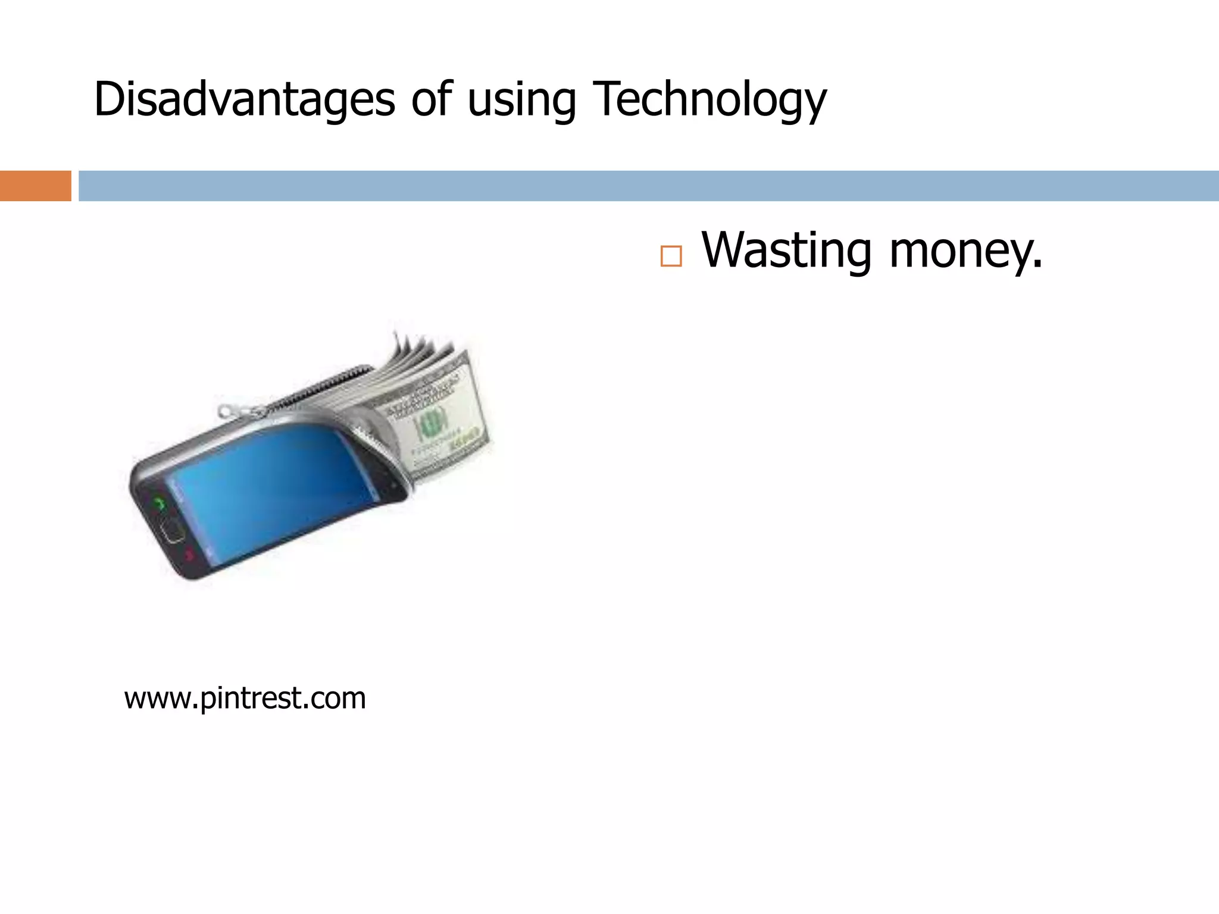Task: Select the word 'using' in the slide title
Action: pos(521,100)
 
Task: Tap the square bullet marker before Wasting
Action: pos(671,256)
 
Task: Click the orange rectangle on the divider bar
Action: pos(35,186)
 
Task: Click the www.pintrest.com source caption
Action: pos(245,698)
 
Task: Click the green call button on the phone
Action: pos(159,503)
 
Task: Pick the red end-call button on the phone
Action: pos(189,556)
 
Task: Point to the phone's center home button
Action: pos(173,530)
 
